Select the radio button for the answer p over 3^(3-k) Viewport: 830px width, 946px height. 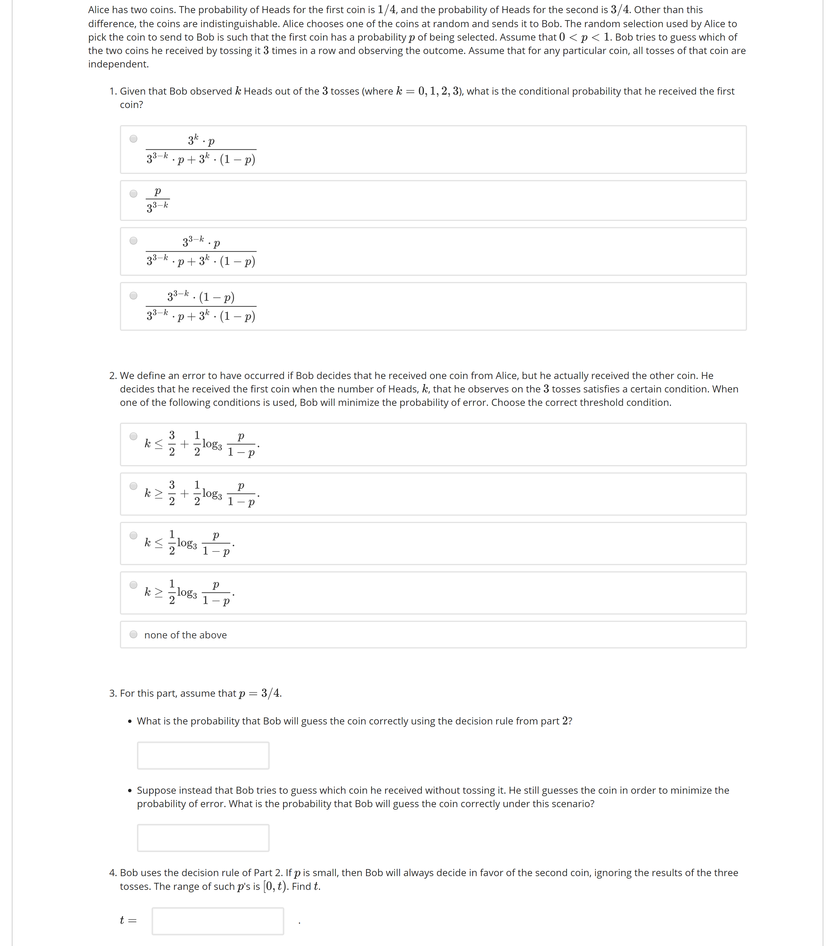pos(133,193)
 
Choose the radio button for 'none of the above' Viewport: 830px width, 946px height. pos(133,634)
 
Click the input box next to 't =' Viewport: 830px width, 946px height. pos(217,921)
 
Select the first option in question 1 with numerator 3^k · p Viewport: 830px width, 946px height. pos(133,138)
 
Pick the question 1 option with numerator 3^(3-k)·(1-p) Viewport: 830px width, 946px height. pos(133,295)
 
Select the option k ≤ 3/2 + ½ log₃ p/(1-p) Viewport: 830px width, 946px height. pos(133,436)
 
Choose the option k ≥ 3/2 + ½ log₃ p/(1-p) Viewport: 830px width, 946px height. pos(133,486)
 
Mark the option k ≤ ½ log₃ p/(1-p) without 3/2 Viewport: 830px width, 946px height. pos(133,535)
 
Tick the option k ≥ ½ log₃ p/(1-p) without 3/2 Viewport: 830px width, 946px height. pos(133,585)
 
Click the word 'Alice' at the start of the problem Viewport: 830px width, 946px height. pos(99,10)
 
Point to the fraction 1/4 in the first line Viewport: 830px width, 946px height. pos(387,10)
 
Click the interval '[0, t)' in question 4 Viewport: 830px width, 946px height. pos(276,886)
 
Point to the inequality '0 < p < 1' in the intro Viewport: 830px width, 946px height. pos(584,37)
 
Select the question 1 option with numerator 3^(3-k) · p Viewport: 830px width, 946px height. pos(133,240)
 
